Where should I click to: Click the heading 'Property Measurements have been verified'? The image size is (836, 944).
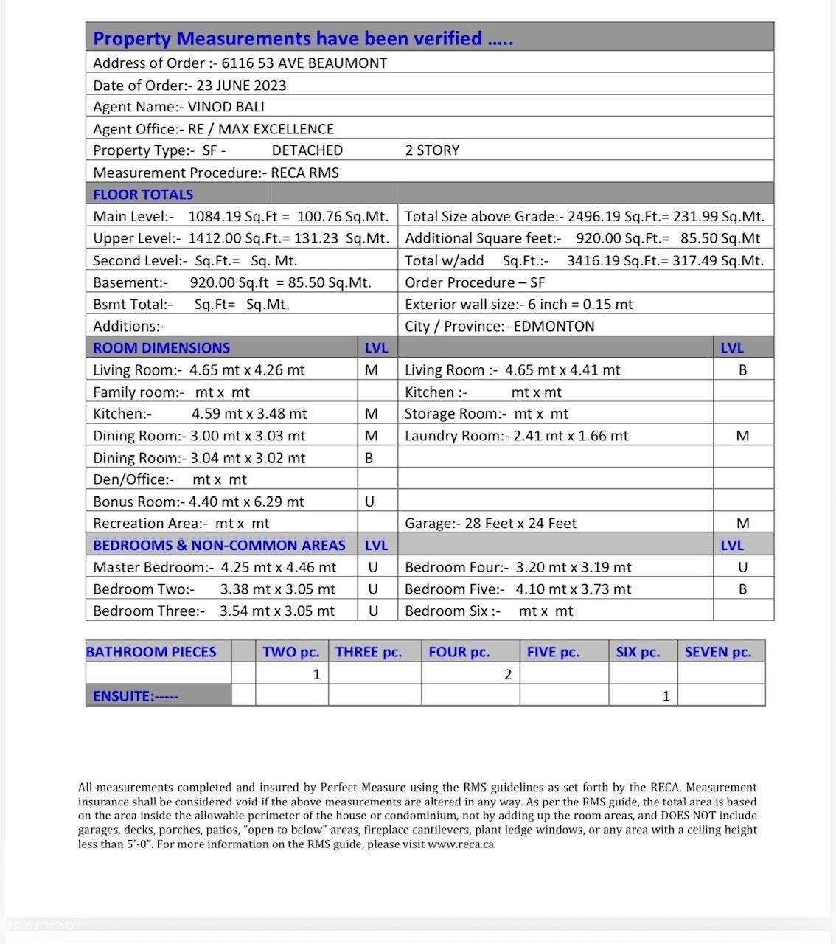coord(303,38)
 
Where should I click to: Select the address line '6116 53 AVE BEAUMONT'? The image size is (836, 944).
coord(304,63)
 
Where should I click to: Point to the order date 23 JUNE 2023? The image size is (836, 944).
coord(241,86)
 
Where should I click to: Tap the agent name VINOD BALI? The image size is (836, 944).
coord(226,107)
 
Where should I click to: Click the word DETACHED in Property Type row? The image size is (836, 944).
coord(307,150)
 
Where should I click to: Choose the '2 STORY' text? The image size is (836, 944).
coord(432,150)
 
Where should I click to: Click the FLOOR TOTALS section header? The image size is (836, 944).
coord(143,195)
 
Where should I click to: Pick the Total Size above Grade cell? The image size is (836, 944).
coord(584,217)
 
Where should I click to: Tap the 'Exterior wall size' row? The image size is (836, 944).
coord(518,305)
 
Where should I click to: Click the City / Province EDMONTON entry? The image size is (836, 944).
coord(499,327)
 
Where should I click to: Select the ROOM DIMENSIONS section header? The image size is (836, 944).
coord(161,348)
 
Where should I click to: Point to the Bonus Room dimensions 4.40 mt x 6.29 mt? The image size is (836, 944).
coord(246,502)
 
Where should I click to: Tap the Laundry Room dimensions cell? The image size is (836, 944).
coord(516,436)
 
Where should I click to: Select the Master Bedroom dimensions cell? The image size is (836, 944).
coord(215,567)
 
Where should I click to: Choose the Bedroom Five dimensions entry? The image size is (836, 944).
coord(518,589)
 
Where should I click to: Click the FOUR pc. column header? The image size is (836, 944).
coord(459,652)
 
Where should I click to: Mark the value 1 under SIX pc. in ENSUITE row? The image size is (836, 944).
coord(666,696)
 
